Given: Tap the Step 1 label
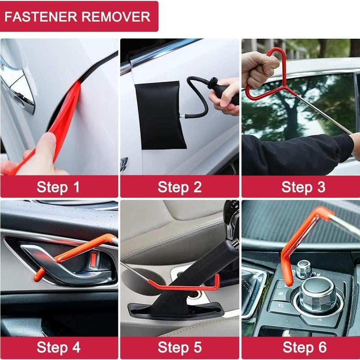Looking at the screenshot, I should [x=58, y=186].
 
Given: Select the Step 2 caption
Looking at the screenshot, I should [x=180, y=186].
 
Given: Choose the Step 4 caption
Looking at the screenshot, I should [x=58, y=347].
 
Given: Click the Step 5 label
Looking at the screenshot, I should [x=180, y=347].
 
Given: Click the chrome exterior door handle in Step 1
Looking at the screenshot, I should [x=18, y=85].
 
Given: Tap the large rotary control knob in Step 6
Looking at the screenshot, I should [x=317, y=295].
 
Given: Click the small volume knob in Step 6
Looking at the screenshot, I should [x=304, y=269].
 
